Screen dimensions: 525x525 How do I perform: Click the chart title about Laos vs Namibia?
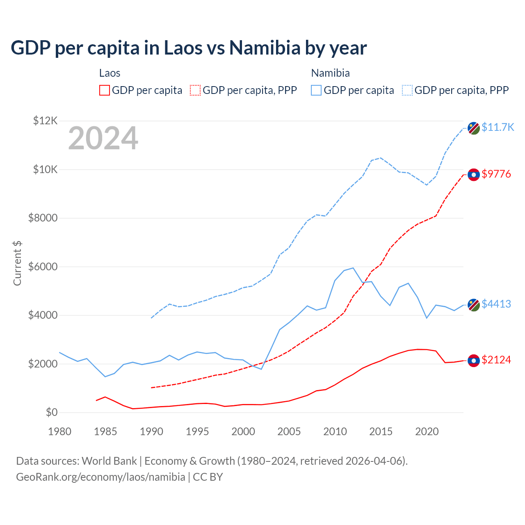[x=189, y=48]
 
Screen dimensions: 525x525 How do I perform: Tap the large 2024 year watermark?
[x=103, y=139]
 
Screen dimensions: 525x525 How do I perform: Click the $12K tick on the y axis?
[x=46, y=121]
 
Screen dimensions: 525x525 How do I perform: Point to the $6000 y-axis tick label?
[x=43, y=267]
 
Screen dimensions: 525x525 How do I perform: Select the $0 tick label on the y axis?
[x=51, y=412]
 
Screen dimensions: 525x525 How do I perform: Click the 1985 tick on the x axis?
[x=105, y=431]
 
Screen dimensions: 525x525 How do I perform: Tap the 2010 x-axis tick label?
[x=335, y=431]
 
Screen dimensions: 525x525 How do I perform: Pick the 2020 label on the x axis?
[x=427, y=431]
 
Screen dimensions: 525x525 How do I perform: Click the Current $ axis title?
[x=17, y=263]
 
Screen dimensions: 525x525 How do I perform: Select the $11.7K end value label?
[x=498, y=127]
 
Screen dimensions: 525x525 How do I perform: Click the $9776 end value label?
[x=496, y=174]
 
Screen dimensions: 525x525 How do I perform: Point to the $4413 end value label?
[x=496, y=304]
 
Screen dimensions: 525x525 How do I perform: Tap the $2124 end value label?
[x=496, y=360]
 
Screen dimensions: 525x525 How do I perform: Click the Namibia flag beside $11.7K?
[x=474, y=128]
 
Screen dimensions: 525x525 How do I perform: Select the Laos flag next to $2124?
[x=474, y=360]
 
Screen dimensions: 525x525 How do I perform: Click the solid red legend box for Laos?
[x=105, y=90]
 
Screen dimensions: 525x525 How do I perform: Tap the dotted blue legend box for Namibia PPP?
[x=407, y=90]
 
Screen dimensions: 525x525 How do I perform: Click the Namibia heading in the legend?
[x=330, y=73]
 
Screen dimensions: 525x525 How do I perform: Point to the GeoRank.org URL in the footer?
[x=100, y=477]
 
